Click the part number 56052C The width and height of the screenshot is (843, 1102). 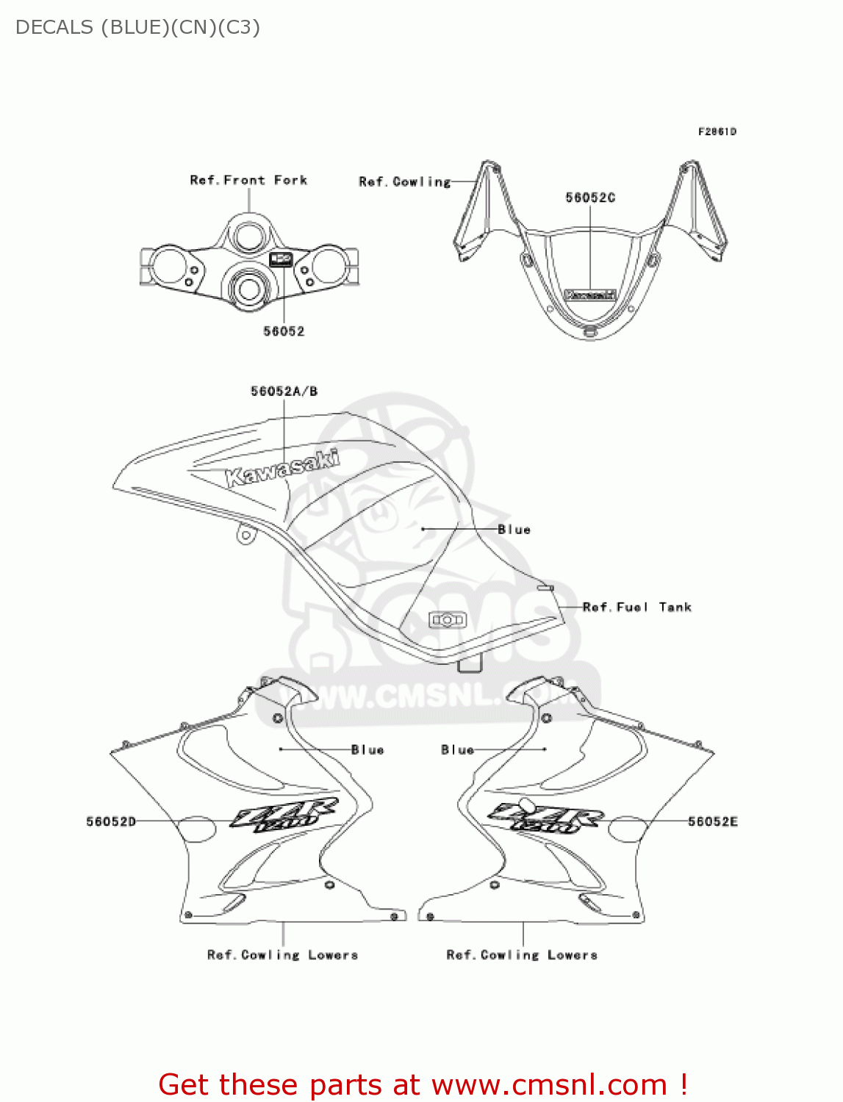coord(590,198)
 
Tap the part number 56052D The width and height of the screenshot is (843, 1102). coord(111,821)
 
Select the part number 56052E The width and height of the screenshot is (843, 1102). coord(712,821)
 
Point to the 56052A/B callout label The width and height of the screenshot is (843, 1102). coord(284,392)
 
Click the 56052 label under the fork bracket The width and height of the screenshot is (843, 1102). coord(284,331)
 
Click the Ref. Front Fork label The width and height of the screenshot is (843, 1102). coord(248,180)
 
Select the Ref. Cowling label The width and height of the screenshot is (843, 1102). coord(404,181)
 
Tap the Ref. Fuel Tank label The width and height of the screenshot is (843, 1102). coord(636,607)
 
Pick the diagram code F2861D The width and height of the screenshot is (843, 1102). coord(717,132)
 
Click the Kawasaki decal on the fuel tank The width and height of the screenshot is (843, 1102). coord(282,468)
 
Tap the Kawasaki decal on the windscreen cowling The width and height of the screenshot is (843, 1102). coord(589,295)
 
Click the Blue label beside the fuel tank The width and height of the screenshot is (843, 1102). coord(514,529)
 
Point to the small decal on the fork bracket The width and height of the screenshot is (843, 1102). coord(281,259)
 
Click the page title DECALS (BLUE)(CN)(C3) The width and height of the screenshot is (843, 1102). coord(137,27)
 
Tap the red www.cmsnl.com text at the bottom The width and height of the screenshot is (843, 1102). coord(549,1084)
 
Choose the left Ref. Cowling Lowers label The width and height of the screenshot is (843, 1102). coord(282,955)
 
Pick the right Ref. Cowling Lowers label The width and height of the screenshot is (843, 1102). coord(522,955)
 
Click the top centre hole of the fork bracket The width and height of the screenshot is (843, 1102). coord(248,236)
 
